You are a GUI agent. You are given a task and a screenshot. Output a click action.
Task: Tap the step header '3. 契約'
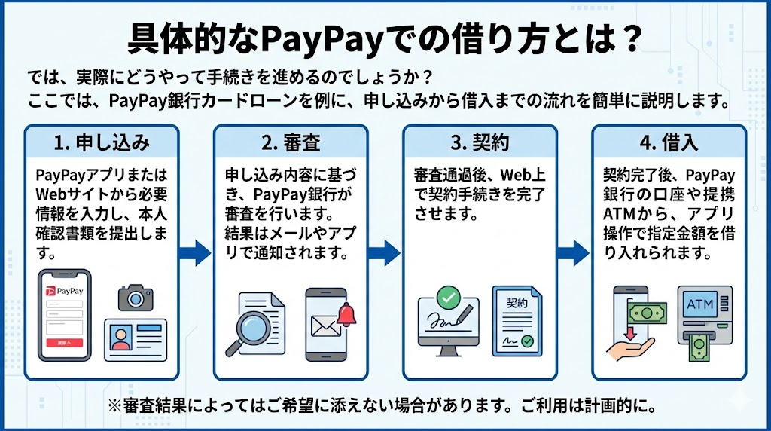coord(480,143)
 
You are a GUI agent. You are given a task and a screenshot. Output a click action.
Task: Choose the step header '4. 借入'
coord(669,143)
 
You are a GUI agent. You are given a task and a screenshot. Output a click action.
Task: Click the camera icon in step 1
coord(136,297)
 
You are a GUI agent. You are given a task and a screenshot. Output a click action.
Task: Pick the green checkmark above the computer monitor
coord(449,297)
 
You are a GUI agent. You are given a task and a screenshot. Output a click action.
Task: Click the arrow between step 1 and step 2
coord(197,252)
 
